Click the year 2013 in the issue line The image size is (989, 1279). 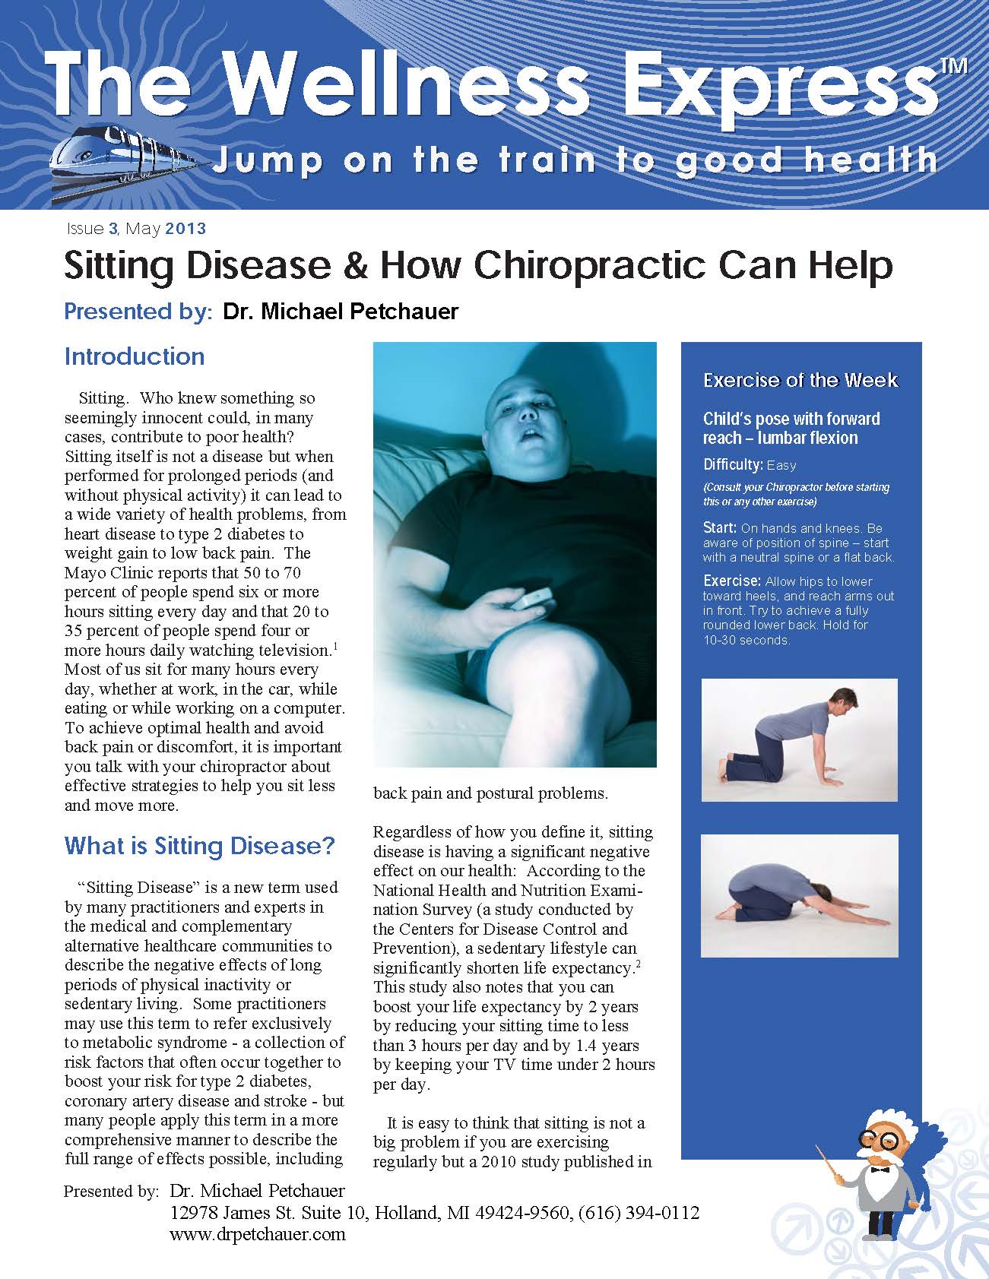185,228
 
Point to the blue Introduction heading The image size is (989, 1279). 135,356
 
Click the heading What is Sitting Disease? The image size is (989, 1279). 199,846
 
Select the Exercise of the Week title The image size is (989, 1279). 800,380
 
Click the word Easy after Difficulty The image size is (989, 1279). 781,465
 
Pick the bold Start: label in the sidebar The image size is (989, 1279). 719,527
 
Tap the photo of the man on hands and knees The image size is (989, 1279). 799,739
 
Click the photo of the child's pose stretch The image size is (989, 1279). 799,895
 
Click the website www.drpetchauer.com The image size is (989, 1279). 258,1234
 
